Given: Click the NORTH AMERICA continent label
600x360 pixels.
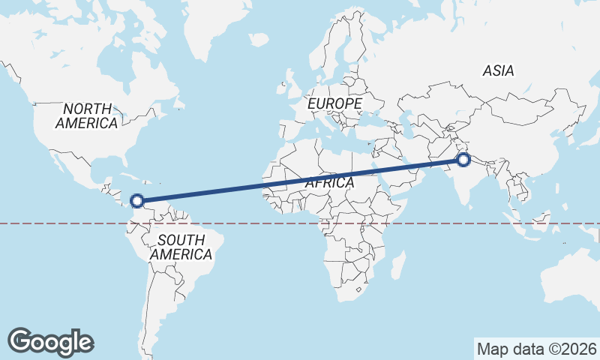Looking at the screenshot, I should [x=86, y=115].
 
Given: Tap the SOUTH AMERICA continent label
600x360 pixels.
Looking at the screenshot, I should [x=181, y=247].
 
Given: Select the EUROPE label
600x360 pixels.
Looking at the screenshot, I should [x=334, y=103].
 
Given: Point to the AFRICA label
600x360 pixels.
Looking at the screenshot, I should [x=328, y=182].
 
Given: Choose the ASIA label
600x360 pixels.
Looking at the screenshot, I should [x=498, y=70].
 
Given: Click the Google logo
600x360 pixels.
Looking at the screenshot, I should [x=50, y=341].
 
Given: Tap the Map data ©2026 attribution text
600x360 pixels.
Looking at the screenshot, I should [x=537, y=349].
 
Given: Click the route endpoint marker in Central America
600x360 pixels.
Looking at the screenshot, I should [x=137, y=200].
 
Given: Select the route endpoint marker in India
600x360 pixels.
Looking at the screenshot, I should [x=463, y=159].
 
